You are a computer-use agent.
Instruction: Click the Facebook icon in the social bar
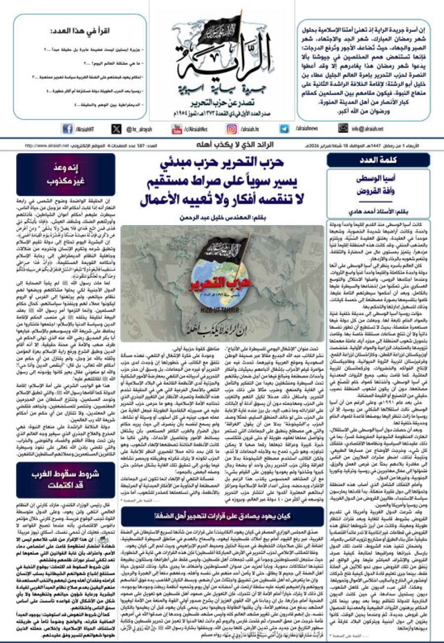[67, 129]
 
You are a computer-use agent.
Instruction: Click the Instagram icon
[231, 129]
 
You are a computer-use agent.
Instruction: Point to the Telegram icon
[284, 129]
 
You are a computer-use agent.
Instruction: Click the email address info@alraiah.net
[367, 129]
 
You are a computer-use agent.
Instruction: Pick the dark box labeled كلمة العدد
[378, 160]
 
